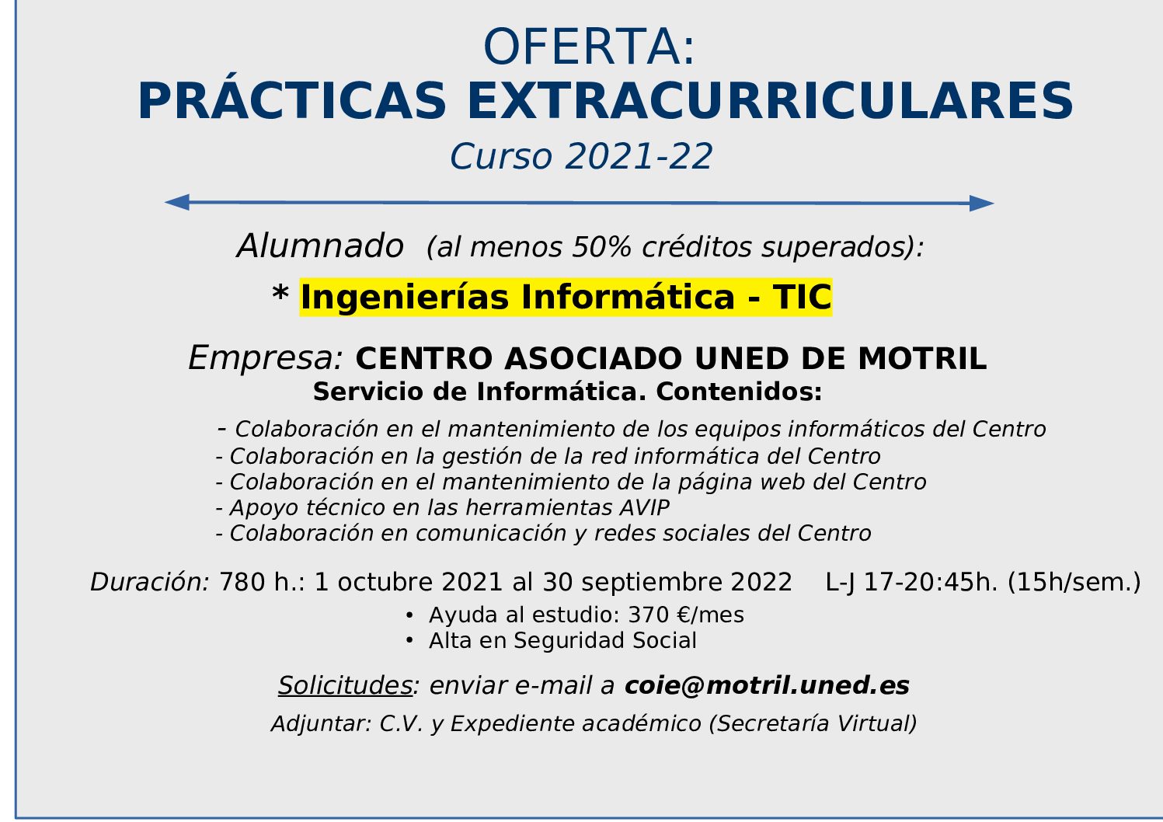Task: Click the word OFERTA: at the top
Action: click(x=588, y=47)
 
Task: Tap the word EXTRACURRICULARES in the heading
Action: click(x=770, y=101)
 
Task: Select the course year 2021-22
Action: click(x=639, y=156)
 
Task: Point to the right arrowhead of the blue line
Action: click(x=982, y=203)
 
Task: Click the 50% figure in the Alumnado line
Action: click(x=601, y=246)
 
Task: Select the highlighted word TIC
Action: click(x=802, y=297)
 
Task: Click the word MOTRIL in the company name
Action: click(x=922, y=358)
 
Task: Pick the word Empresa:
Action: click(x=266, y=357)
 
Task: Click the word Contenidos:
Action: click(x=739, y=392)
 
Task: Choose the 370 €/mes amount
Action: click(x=686, y=615)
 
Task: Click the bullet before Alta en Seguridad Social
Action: click(x=409, y=641)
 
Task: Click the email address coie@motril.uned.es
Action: click(x=767, y=685)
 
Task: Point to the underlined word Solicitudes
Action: click(x=345, y=685)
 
